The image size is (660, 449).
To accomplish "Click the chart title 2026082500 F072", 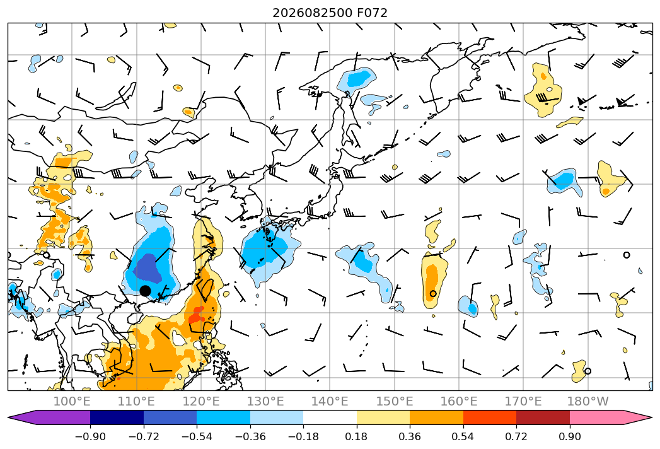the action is point(330,13).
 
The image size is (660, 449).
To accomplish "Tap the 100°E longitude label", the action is point(72,401).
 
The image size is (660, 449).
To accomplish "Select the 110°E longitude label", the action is point(136,401).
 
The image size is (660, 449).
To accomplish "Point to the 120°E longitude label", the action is point(201,401).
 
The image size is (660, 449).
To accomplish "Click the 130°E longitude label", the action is point(265,401).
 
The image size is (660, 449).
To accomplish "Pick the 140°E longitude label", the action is point(330,401).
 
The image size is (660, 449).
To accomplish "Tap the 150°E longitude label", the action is point(395,401).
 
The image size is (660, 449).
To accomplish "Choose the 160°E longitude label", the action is point(459,401).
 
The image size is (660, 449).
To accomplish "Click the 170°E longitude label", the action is point(523,401).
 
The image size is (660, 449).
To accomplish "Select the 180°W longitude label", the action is point(588,401).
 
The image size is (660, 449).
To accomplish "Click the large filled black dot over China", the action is point(145,291).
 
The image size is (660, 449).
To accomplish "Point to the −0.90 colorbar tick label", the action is point(90,436).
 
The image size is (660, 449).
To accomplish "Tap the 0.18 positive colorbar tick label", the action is point(357,436).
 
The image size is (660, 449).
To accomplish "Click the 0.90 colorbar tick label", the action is point(569,436).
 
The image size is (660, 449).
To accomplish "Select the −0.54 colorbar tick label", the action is point(197,436).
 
